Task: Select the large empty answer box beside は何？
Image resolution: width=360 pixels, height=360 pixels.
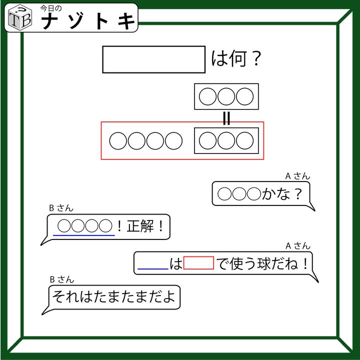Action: click(x=154, y=59)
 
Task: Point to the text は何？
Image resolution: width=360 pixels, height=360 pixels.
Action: click(x=236, y=60)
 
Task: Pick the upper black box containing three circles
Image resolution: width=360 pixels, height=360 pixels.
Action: click(x=226, y=96)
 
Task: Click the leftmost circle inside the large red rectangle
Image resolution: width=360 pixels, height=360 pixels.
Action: click(x=118, y=141)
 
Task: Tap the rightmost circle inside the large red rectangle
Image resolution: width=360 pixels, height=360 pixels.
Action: click(x=245, y=141)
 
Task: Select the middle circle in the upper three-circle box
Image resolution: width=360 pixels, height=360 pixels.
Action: click(x=226, y=96)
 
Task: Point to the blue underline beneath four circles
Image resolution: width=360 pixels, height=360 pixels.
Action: click(x=84, y=235)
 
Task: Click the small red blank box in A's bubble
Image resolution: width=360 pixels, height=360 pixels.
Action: click(x=198, y=263)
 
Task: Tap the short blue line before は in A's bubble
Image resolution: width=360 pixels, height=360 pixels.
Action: click(x=152, y=269)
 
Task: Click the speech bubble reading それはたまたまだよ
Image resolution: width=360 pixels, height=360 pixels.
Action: click(x=114, y=297)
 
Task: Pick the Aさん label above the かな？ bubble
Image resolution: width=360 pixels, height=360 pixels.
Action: click(x=297, y=176)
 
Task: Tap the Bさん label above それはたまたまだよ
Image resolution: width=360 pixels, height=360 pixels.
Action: click(x=61, y=279)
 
